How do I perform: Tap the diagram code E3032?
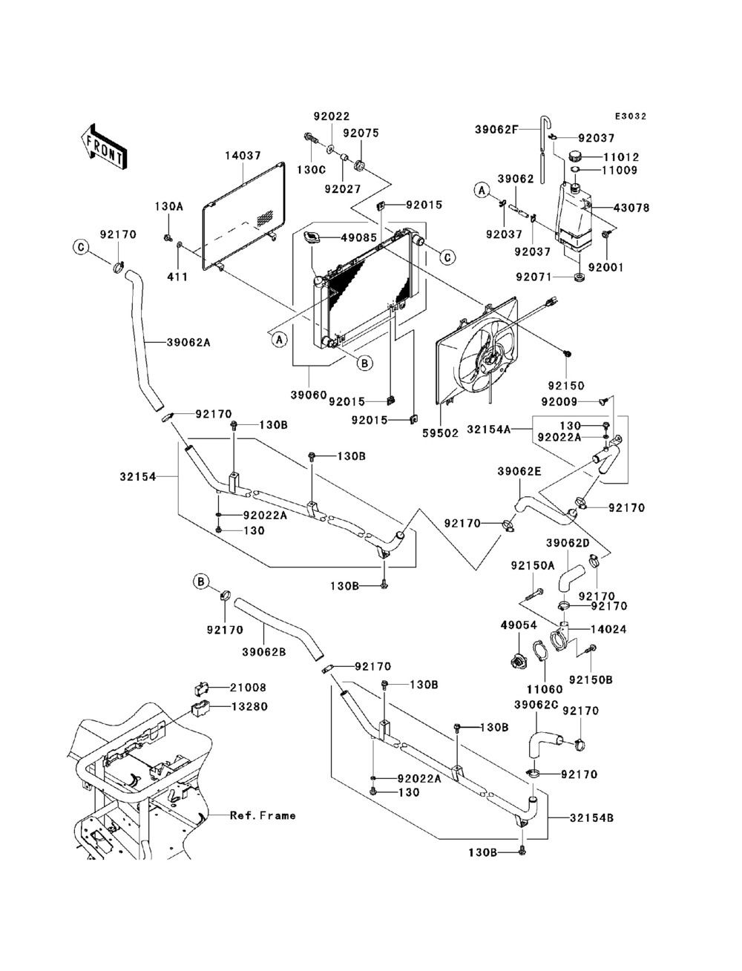(x=631, y=116)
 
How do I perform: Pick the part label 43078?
(x=631, y=208)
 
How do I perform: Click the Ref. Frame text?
(x=263, y=815)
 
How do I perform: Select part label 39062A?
(x=188, y=342)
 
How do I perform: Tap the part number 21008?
(x=248, y=688)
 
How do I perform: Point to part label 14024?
(x=608, y=629)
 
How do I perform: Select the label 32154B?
(x=591, y=818)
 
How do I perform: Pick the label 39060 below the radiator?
(x=309, y=395)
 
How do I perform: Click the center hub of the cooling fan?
(x=490, y=361)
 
